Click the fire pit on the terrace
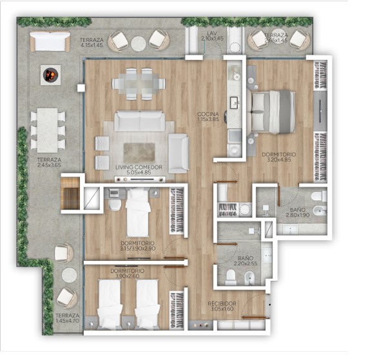tap(50, 75)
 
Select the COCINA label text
tap(208, 114)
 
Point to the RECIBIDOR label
tap(222, 303)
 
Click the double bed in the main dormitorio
tap(273, 112)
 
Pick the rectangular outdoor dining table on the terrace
tap(48, 130)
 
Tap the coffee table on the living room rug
tap(139, 153)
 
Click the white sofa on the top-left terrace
tap(50, 41)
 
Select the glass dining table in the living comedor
tap(139, 84)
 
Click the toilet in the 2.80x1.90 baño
tap(319, 196)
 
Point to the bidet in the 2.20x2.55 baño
tap(249, 278)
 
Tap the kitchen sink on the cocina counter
tap(235, 103)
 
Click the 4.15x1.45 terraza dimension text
tap(92, 45)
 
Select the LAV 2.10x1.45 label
tap(212, 36)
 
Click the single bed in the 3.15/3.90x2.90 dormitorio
tap(138, 213)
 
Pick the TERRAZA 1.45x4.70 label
tap(68, 318)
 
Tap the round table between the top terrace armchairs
tap(139, 44)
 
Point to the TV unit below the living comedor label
tap(140, 180)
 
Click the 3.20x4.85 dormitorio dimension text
tap(279, 160)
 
